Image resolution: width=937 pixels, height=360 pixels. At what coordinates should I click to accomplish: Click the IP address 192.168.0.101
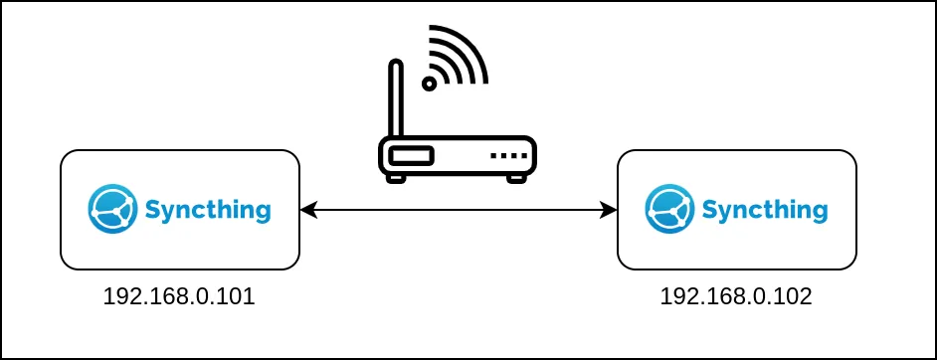(179, 296)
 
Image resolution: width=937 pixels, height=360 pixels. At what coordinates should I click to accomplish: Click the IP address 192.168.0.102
(736, 296)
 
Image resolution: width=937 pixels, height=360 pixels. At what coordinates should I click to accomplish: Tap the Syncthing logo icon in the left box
(111, 209)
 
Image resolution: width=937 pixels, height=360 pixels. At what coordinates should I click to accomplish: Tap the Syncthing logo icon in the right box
(668, 209)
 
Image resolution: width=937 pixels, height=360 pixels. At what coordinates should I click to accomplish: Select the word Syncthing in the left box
(207, 211)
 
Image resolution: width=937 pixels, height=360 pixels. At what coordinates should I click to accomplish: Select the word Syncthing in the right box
(764, 211)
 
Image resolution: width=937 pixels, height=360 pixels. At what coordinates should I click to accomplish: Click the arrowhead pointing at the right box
(609, 210)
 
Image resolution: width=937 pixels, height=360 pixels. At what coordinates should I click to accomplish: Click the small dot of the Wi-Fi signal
(430, 84)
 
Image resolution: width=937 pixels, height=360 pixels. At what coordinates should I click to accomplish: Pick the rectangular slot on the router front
(411, 156)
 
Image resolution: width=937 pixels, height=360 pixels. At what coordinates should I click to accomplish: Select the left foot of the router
(396, 179)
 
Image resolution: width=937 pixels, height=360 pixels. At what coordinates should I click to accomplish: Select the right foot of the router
(516, 179)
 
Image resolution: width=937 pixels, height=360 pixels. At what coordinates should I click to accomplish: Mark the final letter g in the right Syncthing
(818, 213)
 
